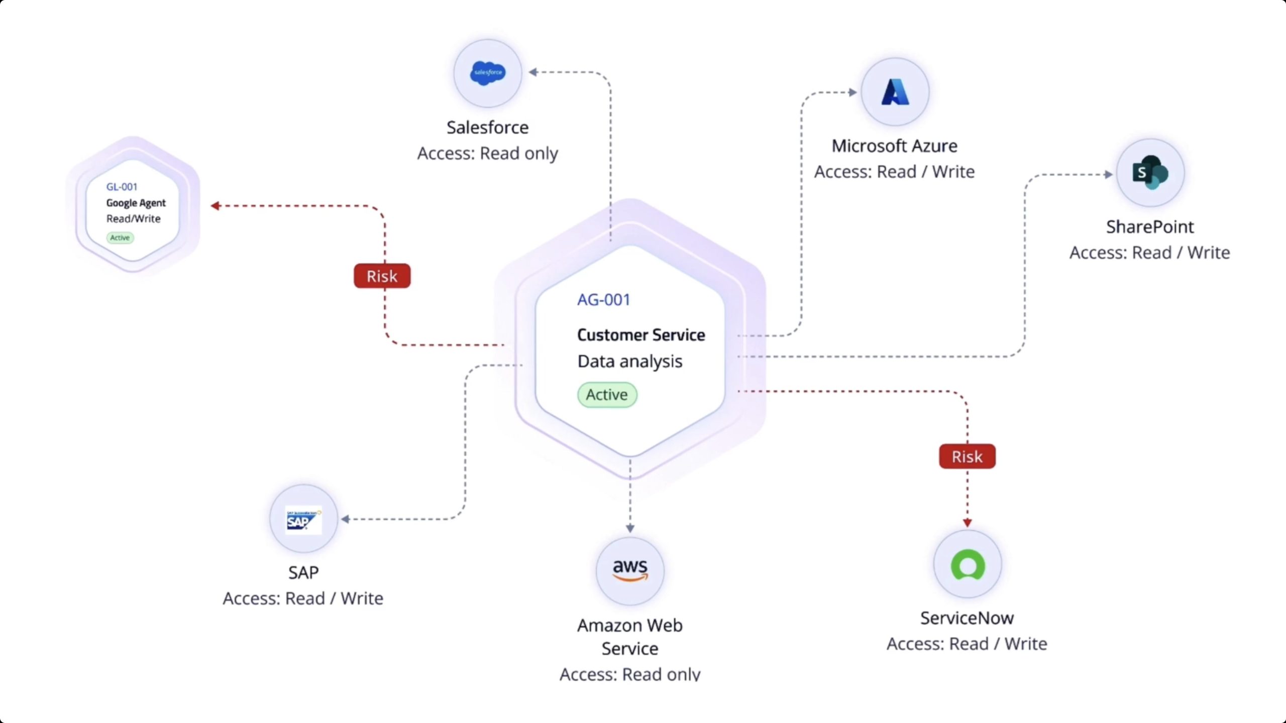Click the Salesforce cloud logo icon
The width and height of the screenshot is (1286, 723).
487,73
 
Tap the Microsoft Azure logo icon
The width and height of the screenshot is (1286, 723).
895,92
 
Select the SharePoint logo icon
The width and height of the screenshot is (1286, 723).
1150,173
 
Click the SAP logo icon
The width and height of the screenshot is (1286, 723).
303,520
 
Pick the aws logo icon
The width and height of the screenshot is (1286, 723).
630,570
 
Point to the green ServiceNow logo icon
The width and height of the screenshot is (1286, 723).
968,565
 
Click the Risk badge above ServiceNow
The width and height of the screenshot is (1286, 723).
967,456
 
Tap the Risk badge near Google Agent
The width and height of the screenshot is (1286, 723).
382,276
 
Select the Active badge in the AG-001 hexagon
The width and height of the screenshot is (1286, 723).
607,395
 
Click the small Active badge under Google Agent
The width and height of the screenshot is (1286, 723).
120,237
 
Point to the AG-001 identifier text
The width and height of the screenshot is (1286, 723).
603,300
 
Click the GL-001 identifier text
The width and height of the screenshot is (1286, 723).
122,187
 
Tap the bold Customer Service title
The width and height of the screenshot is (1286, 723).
641,335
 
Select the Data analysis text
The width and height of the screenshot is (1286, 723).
630,361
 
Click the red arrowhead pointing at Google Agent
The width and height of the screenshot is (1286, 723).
216,206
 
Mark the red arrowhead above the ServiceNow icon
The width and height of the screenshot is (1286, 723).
968,523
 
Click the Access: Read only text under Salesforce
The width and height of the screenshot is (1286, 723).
487,153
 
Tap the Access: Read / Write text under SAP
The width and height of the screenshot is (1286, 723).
303,598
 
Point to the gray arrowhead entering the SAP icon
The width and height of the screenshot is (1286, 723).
346,519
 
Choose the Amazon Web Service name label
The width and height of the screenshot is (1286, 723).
630,637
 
